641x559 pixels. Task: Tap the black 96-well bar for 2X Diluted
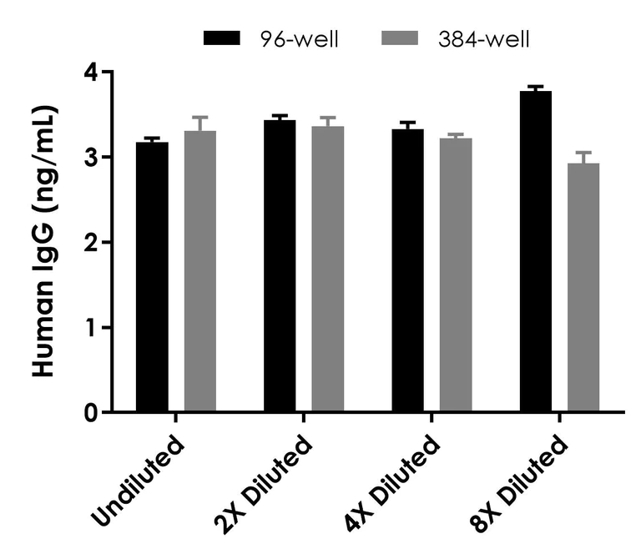pyautogui.click(x=280, y=266)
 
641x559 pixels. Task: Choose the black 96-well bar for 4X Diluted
pyautogui.click(x=407, y=270)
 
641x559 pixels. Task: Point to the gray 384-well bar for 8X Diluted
pyautogui.click(x=583, y=287)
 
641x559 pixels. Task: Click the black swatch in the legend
pyautogui.click(x=221, y=39)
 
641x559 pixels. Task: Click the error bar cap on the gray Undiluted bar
pyautogui.click(x=200, y=118)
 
